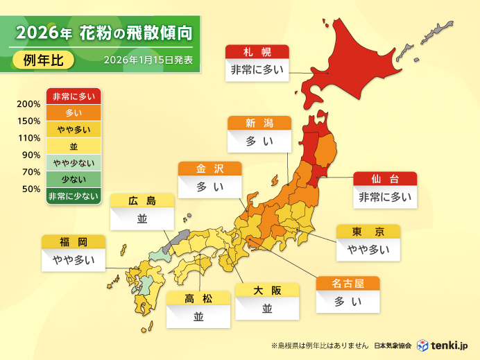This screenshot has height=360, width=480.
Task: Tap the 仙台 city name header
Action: click(x=385, y=179)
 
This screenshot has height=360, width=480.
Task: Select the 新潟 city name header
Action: click(x=259, y=123)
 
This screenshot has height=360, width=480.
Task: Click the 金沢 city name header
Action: click(x=209, y=169)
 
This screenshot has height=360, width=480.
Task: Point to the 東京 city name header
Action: click(x=368, y=232)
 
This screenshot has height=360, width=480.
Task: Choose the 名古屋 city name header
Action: click(x=348, y=284)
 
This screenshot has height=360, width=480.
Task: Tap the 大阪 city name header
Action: click(x=267, y=290)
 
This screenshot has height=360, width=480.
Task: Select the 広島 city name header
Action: click(x=142, y=201)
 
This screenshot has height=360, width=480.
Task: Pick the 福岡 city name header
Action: click(x=73, y=242)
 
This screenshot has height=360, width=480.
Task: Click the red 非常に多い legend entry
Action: click(x=74, y=96)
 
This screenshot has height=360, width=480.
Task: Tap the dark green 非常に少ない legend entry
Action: click(x=74, y=196)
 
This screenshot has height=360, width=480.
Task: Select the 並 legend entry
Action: click(x=74, y=146)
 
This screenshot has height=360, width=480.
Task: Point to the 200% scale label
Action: click(x=28, y=105)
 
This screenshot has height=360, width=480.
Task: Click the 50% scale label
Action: click(x=31, y=189)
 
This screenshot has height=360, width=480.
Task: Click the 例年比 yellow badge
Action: click(x=43, y=60)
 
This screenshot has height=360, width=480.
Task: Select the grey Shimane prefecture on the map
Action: click(x=180, y=237)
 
